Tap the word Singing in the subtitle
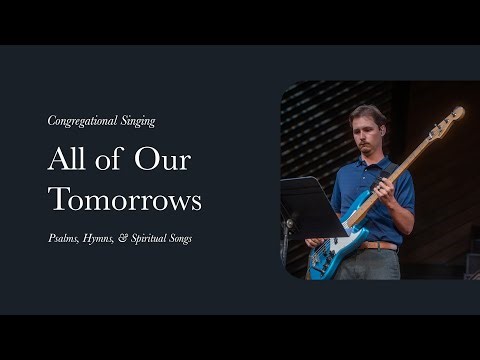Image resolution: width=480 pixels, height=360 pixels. click(137, 121)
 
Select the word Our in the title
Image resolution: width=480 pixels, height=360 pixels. click(164, 159)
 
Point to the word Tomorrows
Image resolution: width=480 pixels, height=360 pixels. click(125, 199)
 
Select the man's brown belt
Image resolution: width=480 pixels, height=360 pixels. click(380, 244)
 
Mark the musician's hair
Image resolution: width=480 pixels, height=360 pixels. click(367, 112)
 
